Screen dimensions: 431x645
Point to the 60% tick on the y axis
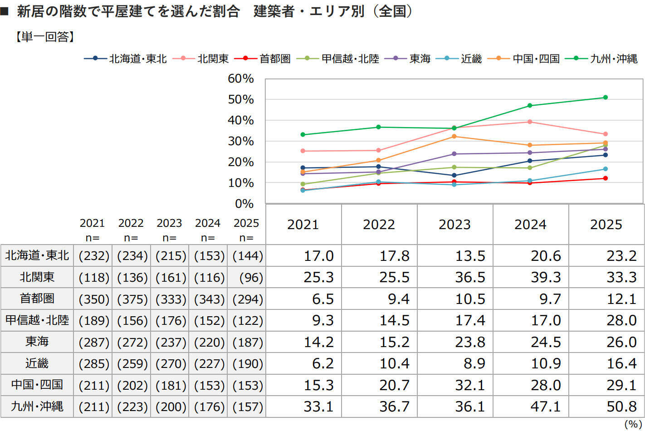pyautogui.click(x=240, y=78)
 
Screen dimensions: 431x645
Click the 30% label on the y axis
pyautogui.click(x=240, y=141)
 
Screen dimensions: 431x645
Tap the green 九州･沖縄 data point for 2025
pyautogui.click(x=605, y=98)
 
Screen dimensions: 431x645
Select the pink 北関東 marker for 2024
pyautogui.click(x=530, y=122)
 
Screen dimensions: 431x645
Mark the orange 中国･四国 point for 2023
pyautogui.click(x=454, y=137)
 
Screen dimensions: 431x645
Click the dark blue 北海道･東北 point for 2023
pyautogui.click(x=454, y=176)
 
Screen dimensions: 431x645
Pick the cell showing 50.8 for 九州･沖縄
pyautogui.click(x=621, y=407)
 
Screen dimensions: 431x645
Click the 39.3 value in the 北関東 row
pyautogui.click(x=546, y=277)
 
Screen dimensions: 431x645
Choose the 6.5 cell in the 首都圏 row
pyautogui.click(x=323, y=299)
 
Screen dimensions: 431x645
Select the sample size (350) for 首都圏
pyautogui.click(x=94, y=299)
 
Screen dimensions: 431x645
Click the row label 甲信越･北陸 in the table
pyautogui.click(x=37, y=320)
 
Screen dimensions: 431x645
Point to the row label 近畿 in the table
pyautogui.click(x=37, y=363)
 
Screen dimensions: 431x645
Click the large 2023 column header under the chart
pyautogui.click(x=454, y=225)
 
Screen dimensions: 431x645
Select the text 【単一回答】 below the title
pyautogui.click(x=44, y=37)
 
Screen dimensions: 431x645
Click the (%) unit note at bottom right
pyautogui.click(x=632, y=424)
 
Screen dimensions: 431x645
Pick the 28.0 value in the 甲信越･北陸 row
pyautogui.click(x=621, y=320)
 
